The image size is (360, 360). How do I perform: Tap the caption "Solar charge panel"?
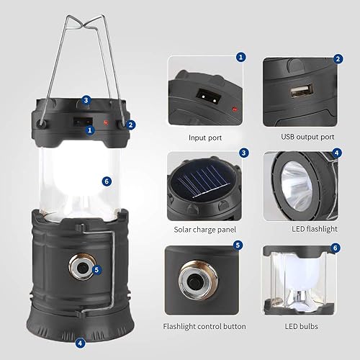pyautogui.click(x=204, y=230)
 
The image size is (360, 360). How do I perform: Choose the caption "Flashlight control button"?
pyautogui.click(x=204, y=326)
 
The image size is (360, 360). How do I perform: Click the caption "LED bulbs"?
pyautogui.click(x=301, y=326)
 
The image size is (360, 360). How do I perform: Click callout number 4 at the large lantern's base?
pyautogui.click(x=81, y=343)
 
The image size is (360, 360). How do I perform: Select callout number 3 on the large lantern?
pyautogui.click(x=86, y=100)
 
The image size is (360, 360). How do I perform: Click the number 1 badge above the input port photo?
pyautogui.click(x=241, y=56)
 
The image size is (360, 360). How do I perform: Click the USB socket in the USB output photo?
pyautogui.click(x=297, y=92)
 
